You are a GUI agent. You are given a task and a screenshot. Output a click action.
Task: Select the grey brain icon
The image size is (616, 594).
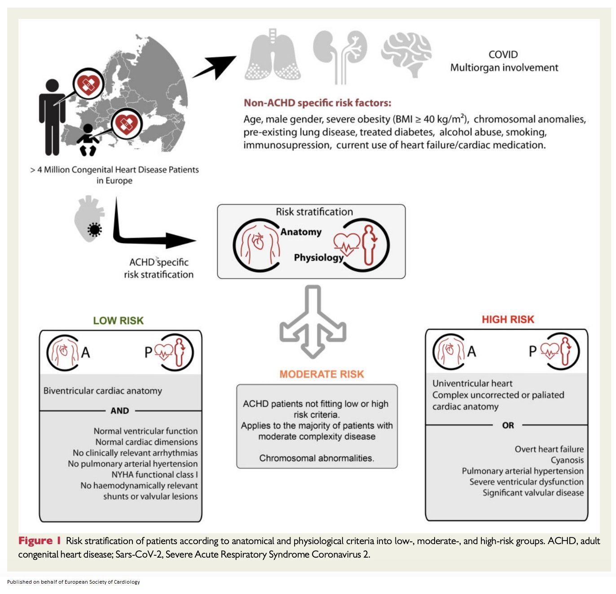click(x=407, y=54)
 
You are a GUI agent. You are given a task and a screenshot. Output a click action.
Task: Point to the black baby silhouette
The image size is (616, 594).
click(x=88, y=140)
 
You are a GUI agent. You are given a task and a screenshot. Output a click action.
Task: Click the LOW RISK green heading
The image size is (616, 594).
click(x=118, y=320)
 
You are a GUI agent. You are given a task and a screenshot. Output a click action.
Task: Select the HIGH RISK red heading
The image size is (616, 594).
click(x=508, y=319)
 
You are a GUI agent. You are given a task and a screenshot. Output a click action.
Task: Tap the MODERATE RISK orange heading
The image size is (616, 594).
click(x=321, y=374)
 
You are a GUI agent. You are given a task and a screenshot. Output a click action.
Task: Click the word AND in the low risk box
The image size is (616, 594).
click(x=119, y=411)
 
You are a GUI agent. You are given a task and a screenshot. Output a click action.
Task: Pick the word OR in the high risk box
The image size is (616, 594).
click(x=508, y=425)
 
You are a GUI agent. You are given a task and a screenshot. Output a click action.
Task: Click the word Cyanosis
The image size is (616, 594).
click(x=567, y=460)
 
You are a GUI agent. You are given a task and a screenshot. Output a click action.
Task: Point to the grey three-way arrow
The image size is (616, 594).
click(x=313, y=321)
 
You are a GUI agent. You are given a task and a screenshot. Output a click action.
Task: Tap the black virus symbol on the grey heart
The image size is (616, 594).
click(x=94, y=230)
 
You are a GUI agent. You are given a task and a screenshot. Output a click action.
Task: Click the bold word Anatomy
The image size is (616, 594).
click(x=301, y=232)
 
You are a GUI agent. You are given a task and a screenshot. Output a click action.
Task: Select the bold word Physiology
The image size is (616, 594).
click(x=318, y=257)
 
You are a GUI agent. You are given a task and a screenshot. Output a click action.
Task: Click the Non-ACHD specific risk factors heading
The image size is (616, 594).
click(x=317, y=103)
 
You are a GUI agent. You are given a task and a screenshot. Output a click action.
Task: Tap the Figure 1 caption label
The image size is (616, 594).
click(x=40, y=541)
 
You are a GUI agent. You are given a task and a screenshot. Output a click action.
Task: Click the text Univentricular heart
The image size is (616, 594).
click(x=472, y=383)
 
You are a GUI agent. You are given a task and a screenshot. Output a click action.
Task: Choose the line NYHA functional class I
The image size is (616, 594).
click(x=154, y=474)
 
